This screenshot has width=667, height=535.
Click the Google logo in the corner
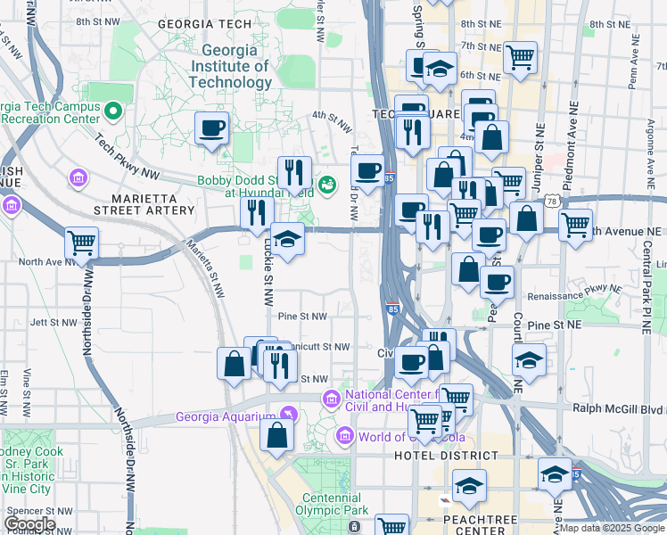[x=29, y=524]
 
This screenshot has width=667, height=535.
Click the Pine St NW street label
[x=302, y=317]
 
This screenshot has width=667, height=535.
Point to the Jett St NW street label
[x=50, y=323]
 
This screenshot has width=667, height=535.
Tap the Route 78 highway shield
[x=554, y=202]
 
